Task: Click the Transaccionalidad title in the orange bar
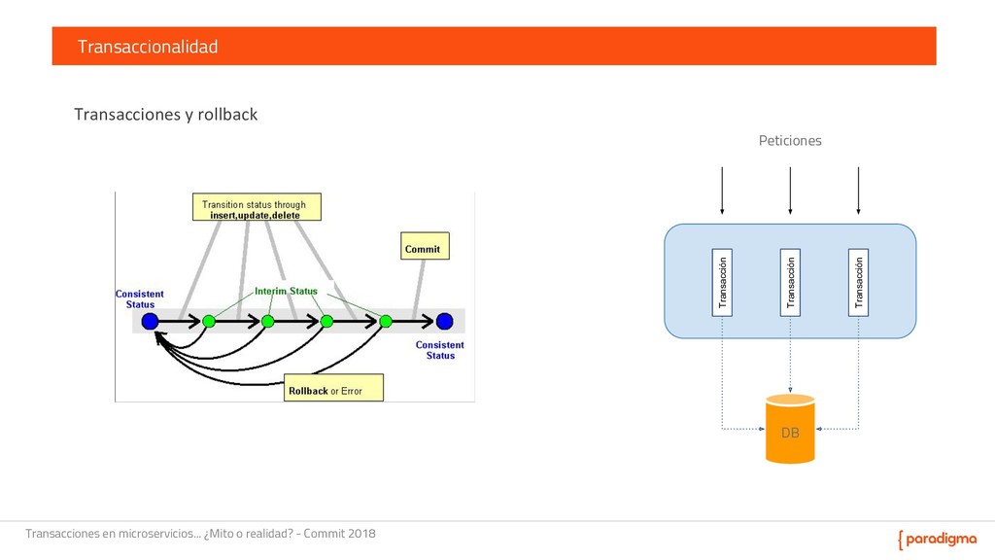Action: pyautogui.click(x=148, y=47)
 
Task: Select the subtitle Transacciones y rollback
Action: pyautogui.click(x=166, y=115)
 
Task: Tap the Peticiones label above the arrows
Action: pyautogui.click(x=789, y=141)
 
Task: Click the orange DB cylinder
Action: pyautogui.click(x=790, y=430)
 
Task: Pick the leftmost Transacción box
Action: pyautogui.click(x=722, y=281)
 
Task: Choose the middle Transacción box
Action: pyautogui.click(x=790, y=281)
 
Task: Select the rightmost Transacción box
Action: pyautogui.click(x=858, y=281)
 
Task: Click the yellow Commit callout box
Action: pyautogui.click(x=423, y=249)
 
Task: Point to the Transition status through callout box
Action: pyautogui.click(x=255, y=209)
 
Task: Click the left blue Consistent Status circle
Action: pyautogui.click(x=149, y=320)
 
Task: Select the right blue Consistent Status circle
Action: pyautogui.click(x=444, y=320)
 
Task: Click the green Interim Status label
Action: pyautogui.click(x=286, y=292)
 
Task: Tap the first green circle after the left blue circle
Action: pyautogui.click(x=208, y=320)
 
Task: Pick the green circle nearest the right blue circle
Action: pyautogui.click(x=386, y=320)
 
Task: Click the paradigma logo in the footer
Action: pyautogui.click(x=938, y=540)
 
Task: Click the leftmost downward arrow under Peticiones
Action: pyautogui.click(x=722, y=191)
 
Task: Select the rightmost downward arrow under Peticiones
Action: pyautogui.click(x=858, y=191)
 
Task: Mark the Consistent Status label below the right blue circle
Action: pyautogui.click(x=440, y=350)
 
